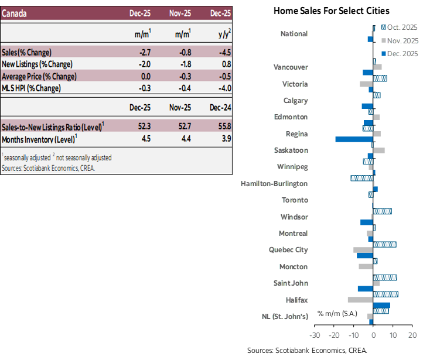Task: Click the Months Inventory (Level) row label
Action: point(39,139)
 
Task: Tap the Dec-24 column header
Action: point(221,107)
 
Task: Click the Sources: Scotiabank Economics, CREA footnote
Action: point(48,168)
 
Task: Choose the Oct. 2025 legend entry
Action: point(402,27)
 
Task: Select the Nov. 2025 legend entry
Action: point(402,40)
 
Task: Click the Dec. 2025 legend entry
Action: point(402,53)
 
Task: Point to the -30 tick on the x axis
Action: point(315,335)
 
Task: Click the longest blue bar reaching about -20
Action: point(354,139)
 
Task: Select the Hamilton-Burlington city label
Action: point(274,183)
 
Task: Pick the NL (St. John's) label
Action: point(284,317)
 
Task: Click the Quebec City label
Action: point(288,250)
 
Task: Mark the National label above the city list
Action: point(294,34)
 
